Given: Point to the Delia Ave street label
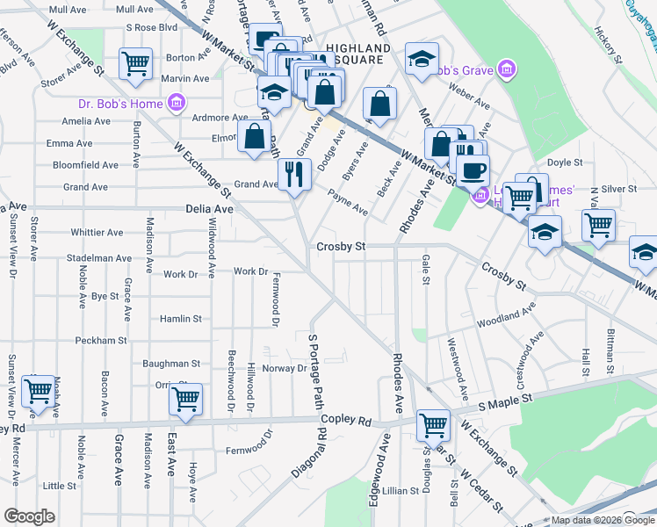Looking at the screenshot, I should pos(210,209).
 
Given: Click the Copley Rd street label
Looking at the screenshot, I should pos(348,421).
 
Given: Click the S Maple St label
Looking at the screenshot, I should pos(511,403).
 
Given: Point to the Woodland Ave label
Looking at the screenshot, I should pos(507,317).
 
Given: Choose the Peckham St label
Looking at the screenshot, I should pos(101,340).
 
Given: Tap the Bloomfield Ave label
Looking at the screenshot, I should pos(85,164).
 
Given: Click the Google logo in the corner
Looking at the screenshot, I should pos(28,516).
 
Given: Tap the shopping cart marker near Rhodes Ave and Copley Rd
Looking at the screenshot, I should pos(433,424).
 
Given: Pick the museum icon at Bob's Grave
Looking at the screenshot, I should pos(505,69).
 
